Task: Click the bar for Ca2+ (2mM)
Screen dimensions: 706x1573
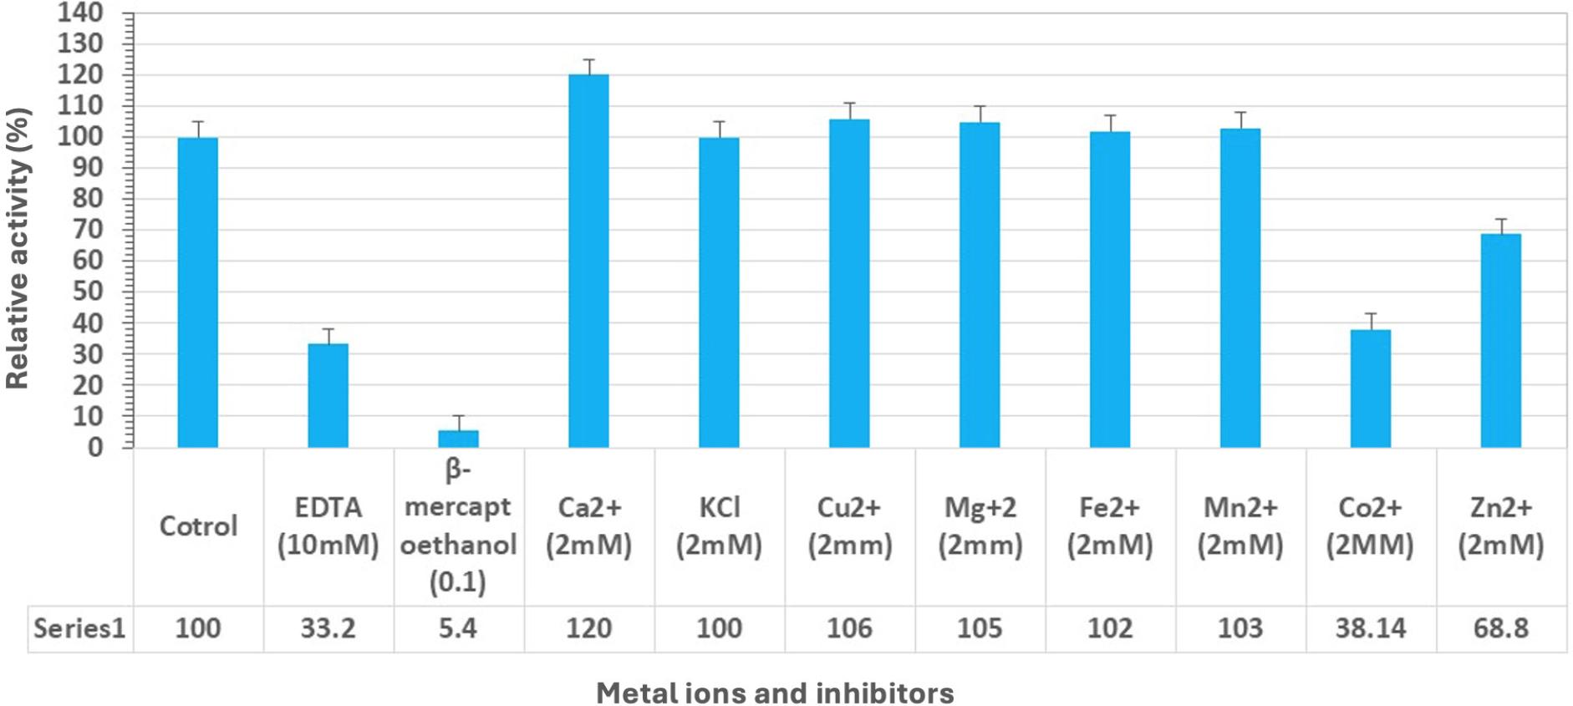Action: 588,261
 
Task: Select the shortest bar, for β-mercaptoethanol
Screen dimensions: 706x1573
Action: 458,439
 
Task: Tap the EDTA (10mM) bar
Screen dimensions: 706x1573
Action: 328,395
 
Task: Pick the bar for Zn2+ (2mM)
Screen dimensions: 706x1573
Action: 1500,340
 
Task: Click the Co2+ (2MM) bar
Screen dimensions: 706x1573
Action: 1370,389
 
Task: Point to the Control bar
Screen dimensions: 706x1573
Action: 198,292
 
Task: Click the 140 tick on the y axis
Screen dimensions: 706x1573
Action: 80,13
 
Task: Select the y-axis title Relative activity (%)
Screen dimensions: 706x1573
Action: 18,248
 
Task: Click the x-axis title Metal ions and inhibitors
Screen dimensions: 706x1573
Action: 775,693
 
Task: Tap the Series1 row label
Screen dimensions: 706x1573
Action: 79,628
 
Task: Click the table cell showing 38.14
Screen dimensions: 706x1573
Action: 1370,628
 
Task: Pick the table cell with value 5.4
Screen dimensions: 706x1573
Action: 458,628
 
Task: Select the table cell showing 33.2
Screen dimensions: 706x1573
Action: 328,628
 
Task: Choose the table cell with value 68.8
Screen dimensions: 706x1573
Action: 1500,628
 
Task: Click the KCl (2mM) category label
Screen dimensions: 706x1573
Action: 719,526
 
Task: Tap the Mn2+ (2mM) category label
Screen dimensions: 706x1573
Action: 1240,526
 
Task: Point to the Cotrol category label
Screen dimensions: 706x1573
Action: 198,526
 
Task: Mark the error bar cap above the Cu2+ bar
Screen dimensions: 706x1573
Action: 849,104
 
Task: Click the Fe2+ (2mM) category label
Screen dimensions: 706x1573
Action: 1109,526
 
